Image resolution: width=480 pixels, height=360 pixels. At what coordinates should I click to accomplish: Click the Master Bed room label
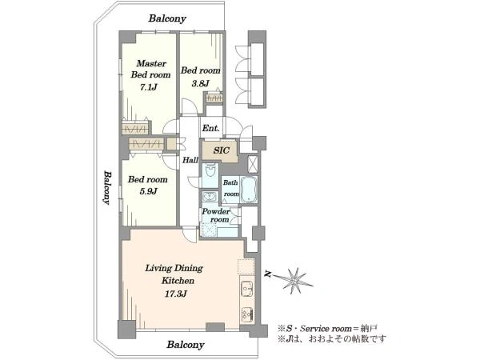point(150,69)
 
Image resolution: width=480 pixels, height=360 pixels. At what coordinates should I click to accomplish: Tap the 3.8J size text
point(201,83)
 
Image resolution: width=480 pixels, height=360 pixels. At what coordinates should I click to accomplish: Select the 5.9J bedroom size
point(148,191)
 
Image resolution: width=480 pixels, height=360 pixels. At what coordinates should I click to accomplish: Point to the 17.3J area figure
point(176,294)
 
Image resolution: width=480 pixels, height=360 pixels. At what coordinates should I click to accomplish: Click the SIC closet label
point(222,150)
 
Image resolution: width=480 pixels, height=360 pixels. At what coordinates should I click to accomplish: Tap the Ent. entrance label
point(210,128)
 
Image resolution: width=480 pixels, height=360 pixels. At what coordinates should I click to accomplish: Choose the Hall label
point(190,160)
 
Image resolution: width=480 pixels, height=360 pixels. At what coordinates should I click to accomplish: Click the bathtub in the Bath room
point(248,189)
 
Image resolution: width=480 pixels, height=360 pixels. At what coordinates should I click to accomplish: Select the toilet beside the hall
point(210,170)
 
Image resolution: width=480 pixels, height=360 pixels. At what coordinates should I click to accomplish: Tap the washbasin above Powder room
point(210,195)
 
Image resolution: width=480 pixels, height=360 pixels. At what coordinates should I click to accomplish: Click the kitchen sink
point(247,288)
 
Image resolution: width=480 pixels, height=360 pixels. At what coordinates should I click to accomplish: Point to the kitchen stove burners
point(247,314)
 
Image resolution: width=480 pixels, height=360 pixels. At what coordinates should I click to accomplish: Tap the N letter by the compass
point(268,274)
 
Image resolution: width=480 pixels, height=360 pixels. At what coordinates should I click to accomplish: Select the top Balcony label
point(167,18)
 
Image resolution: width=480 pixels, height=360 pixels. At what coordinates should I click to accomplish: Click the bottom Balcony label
point(186,345)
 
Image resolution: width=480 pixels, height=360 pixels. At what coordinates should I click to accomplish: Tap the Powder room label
point(216,215)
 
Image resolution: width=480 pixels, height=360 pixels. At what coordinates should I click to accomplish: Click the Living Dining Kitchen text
point(174,274)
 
